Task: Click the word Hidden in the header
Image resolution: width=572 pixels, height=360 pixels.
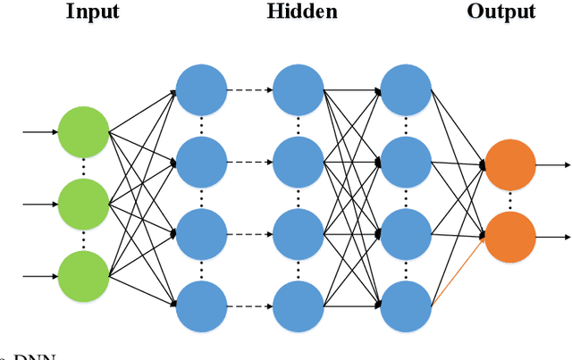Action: (302, 12)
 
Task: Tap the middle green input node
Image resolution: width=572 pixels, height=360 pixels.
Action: (83, 204)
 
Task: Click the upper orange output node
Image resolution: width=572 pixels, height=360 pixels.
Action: (509, 164)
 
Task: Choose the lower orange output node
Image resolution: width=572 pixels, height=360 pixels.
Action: (509, 237)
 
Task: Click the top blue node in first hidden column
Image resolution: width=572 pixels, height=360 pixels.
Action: (201, 89)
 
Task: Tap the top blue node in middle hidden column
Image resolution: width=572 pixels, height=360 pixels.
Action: (298, 89)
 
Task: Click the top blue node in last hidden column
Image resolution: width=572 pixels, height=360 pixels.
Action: (407, 89)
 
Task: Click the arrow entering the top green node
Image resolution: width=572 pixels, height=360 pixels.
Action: (39, 133)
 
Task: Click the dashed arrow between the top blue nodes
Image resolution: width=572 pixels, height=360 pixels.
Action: (249, 89)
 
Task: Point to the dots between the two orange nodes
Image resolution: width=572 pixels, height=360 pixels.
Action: (509, 201)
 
